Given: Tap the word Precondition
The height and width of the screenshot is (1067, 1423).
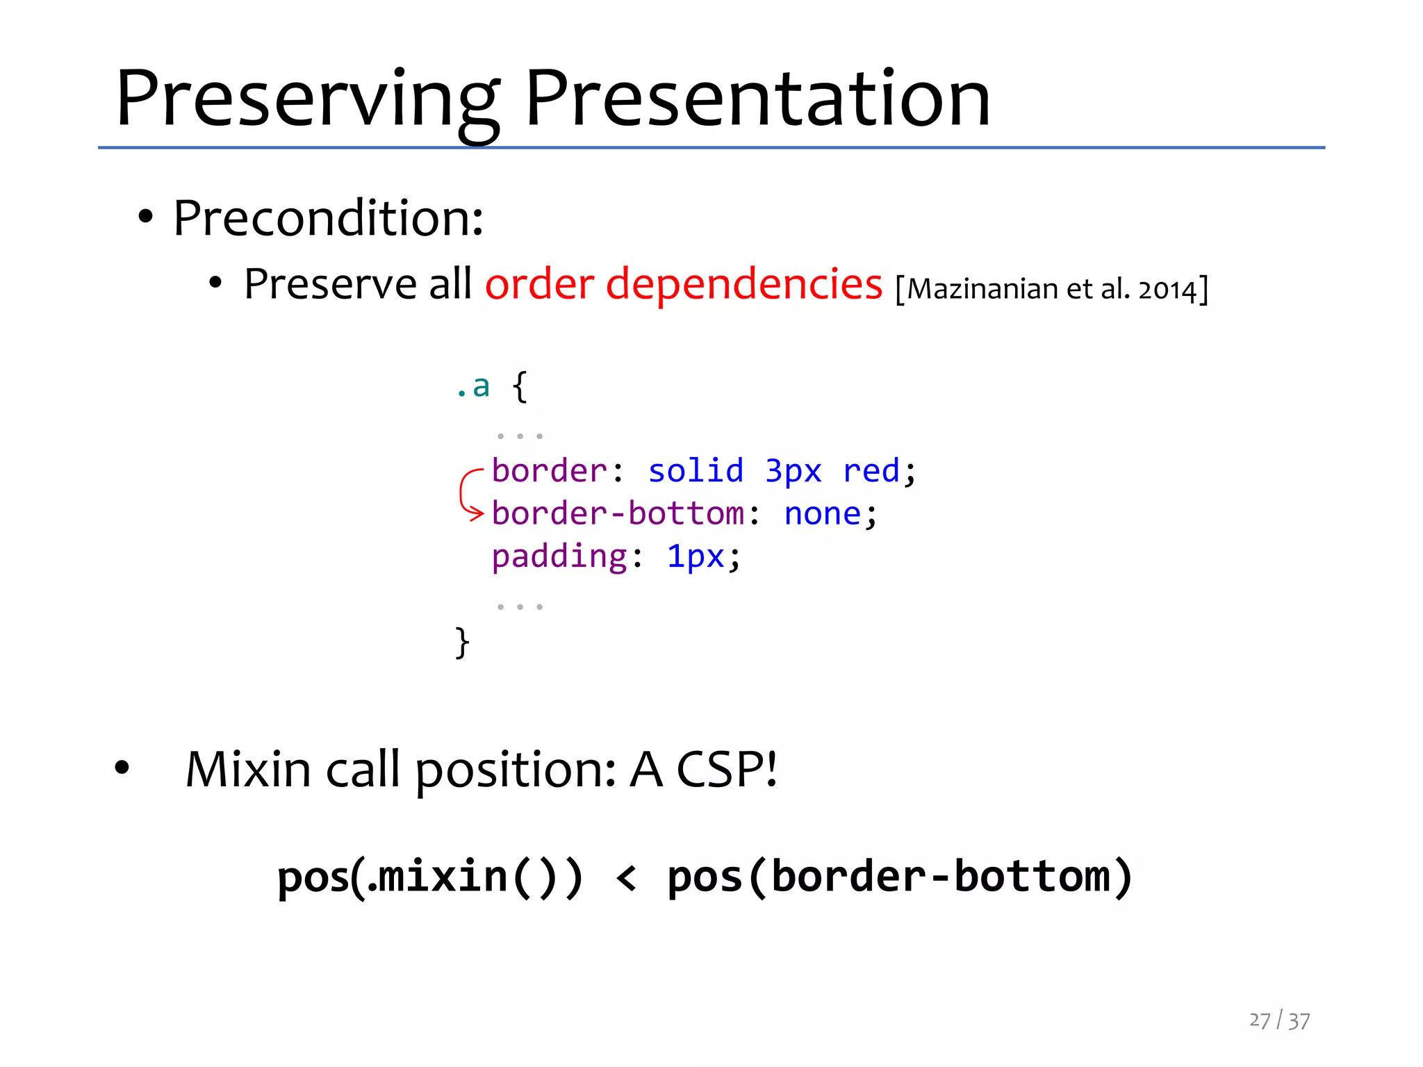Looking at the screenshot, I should pos(328,219).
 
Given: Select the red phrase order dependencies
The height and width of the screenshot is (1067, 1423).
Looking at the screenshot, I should pos(684,285).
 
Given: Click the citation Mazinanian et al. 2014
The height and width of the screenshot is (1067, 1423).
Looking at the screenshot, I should pos(1052,289).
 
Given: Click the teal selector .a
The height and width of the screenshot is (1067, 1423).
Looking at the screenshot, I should pos(473,386).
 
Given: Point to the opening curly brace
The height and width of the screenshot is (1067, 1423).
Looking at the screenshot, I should pos(520,386).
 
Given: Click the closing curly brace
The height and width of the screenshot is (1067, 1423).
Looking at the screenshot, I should pos(462,642).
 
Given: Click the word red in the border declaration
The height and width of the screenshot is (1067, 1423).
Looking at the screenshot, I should pos(871,471).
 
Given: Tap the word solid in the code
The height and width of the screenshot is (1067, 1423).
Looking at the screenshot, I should pos(696,471).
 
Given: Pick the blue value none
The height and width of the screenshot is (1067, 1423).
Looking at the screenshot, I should pos(823,514).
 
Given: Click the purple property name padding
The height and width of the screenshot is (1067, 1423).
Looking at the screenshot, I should pos(559,556).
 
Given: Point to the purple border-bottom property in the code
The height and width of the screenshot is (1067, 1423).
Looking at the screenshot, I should pos(618,514).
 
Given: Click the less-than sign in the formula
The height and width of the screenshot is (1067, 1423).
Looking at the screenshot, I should pos(626,877).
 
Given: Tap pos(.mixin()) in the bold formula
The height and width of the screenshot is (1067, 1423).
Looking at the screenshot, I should pos(430,877).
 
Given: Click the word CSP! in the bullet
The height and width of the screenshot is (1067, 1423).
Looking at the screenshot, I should pos(727,770).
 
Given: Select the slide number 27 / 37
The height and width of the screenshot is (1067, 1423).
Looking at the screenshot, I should pos(1279,1020).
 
